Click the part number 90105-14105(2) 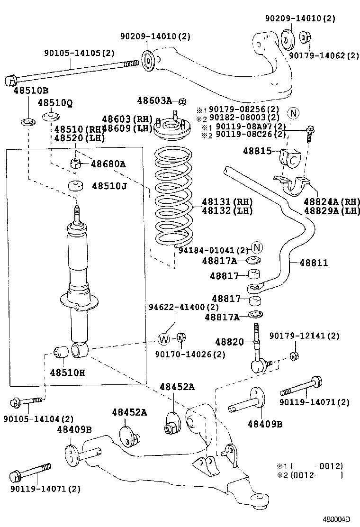(79, 53)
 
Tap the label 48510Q (55, 103)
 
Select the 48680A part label (108, 164)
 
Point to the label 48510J (109, 185)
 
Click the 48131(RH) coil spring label (227, 202)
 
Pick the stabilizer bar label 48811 (314, 263)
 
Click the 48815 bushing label (257, 151)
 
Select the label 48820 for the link (230, 342)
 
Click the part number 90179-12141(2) (304, 336)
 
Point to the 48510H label (67, 373)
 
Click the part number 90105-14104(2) (39, 419)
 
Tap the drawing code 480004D (337, 519)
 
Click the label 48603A (154, 100)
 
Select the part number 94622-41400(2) (184, 307)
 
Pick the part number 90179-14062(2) (324, 55)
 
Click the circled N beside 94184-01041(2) (257, 248)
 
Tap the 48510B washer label (31, 90)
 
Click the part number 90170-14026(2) (190, 354)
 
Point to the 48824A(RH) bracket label (332, 202)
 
